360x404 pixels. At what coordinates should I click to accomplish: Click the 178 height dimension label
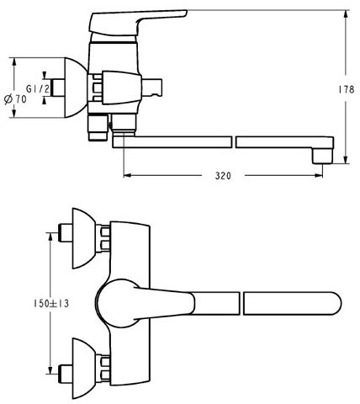(x=346, y=89)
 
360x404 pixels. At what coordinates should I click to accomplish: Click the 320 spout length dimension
(x=223, y=176)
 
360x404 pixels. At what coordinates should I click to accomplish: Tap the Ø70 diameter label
(x=16, y=99)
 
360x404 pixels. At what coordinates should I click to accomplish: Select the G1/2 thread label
(x=38, y=89)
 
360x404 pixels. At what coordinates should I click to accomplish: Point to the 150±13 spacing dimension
(x=51, y=304)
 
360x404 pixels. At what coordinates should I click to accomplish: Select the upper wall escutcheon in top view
(x=84, y=238)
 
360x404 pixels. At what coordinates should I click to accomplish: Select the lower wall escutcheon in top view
(x=84, y=369)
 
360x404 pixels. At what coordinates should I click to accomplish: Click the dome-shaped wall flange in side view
(x=76, y=88)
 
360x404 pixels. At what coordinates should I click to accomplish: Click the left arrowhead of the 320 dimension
(x=127, y=176)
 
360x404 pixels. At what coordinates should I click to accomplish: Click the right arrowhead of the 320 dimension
(x=319, y=176)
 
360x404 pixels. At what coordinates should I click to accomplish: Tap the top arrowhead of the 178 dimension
(x=347, y=14)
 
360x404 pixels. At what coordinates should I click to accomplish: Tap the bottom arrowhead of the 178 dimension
(x=347, y=160)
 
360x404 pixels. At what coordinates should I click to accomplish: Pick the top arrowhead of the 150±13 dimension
(x=50, y=237)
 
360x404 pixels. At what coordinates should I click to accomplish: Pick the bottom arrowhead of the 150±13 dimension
(x=50, y=370)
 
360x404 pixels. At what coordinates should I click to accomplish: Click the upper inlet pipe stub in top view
(x=65, y=232)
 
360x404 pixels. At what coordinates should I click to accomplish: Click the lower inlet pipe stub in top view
(x=65, y=374)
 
